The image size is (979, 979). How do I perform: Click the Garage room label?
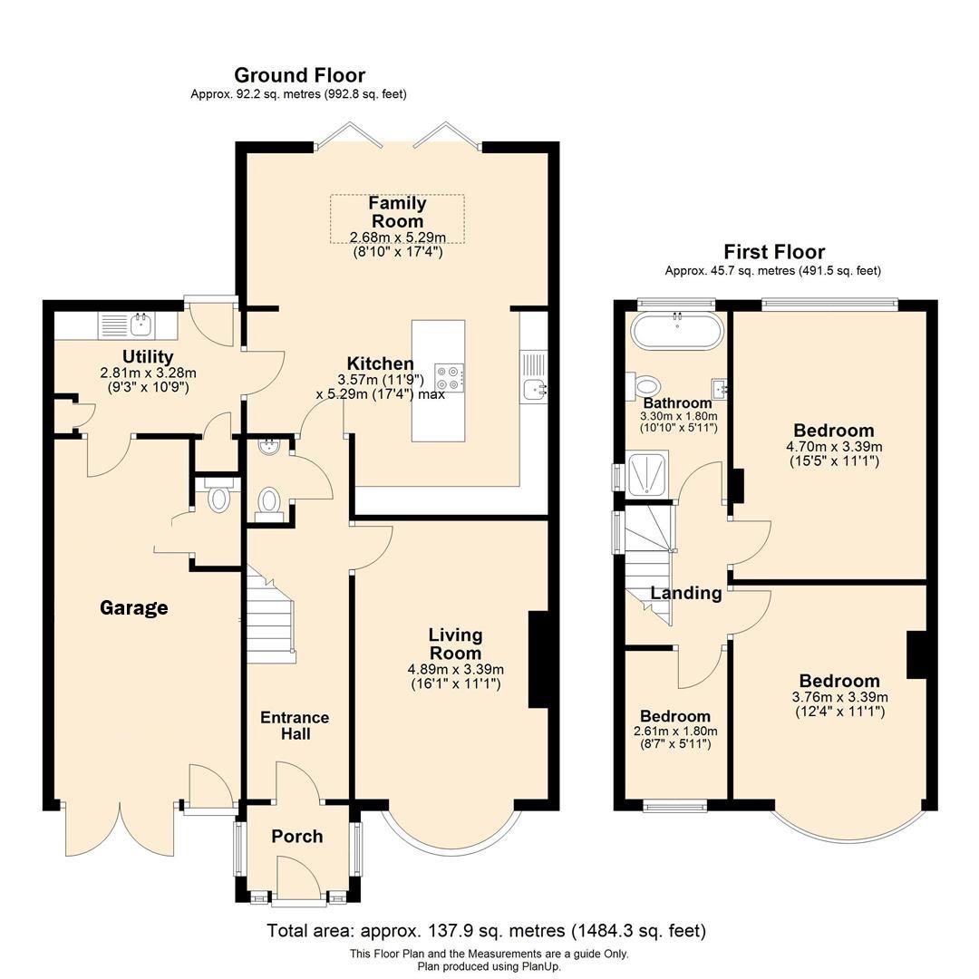133,607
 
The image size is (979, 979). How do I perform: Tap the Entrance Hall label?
295,725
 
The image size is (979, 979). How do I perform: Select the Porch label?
297,836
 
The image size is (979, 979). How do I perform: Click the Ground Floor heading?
299,75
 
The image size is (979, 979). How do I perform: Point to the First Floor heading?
773,252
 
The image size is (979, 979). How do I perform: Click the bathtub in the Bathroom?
677,331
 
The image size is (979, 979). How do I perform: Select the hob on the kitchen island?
450,377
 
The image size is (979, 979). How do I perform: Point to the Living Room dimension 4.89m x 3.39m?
455,670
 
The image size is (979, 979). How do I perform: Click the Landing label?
685,594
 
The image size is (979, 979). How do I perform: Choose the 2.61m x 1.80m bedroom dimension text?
675,732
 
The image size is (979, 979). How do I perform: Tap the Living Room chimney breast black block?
538,658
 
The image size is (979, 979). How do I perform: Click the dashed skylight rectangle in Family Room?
397,218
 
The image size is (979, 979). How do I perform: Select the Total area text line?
486,931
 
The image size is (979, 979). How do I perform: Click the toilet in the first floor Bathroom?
646,386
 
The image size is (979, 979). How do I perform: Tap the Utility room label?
148,357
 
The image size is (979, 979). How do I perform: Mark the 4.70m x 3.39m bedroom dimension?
834,447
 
